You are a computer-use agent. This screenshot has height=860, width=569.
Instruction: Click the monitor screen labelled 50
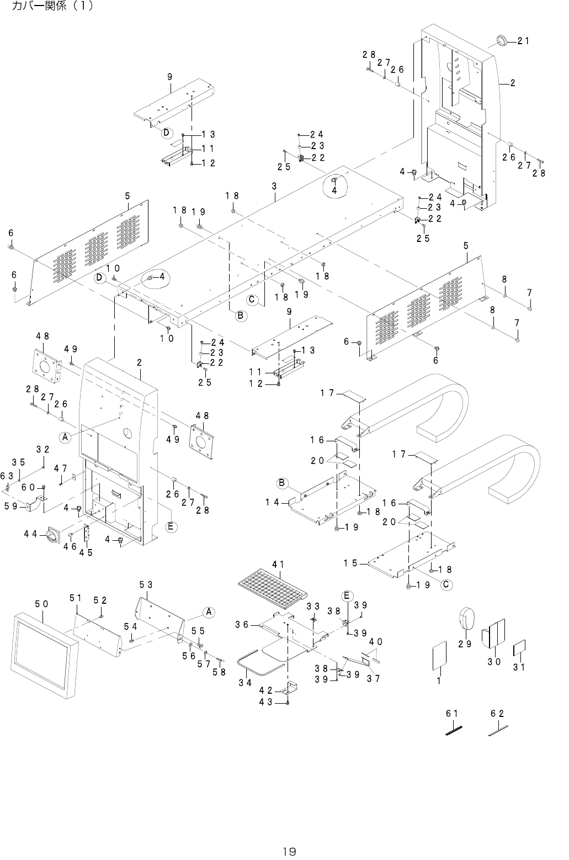click(44, 654)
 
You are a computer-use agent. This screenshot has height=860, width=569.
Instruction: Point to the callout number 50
click(41, 604)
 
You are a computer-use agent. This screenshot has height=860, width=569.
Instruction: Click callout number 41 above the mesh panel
click(278, 564)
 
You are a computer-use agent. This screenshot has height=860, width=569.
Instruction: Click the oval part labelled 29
click(467, 618)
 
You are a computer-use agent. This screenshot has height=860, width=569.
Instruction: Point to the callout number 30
click(493, 662)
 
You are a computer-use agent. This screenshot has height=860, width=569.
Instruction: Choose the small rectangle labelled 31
click(519, 647)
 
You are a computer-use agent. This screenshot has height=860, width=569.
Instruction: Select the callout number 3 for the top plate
click(274, 187)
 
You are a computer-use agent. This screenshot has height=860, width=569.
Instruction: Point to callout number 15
click(350, 563)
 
